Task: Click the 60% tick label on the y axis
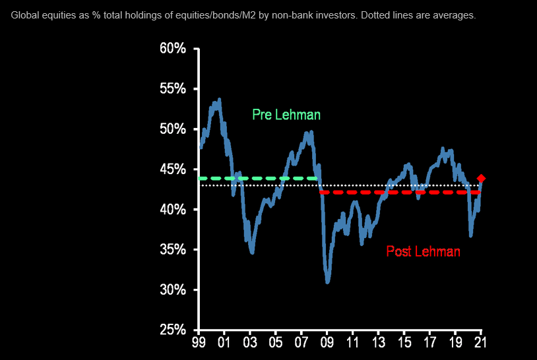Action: [173, 49]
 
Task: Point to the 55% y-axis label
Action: [173, 89]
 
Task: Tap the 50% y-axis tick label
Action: [173, 129]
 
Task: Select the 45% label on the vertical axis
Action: [173, 169]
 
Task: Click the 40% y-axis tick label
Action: [173, 210]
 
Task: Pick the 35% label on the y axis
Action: [173, 250]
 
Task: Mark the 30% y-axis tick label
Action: [173, 290]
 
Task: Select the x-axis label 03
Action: [251, 344]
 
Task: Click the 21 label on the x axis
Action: [480, 344]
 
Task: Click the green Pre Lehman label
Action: [286, 115]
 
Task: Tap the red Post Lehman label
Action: [423, 251]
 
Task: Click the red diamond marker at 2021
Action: [482, 179]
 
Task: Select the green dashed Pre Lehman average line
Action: [257, 179]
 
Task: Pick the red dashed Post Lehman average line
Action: [396, 193]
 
